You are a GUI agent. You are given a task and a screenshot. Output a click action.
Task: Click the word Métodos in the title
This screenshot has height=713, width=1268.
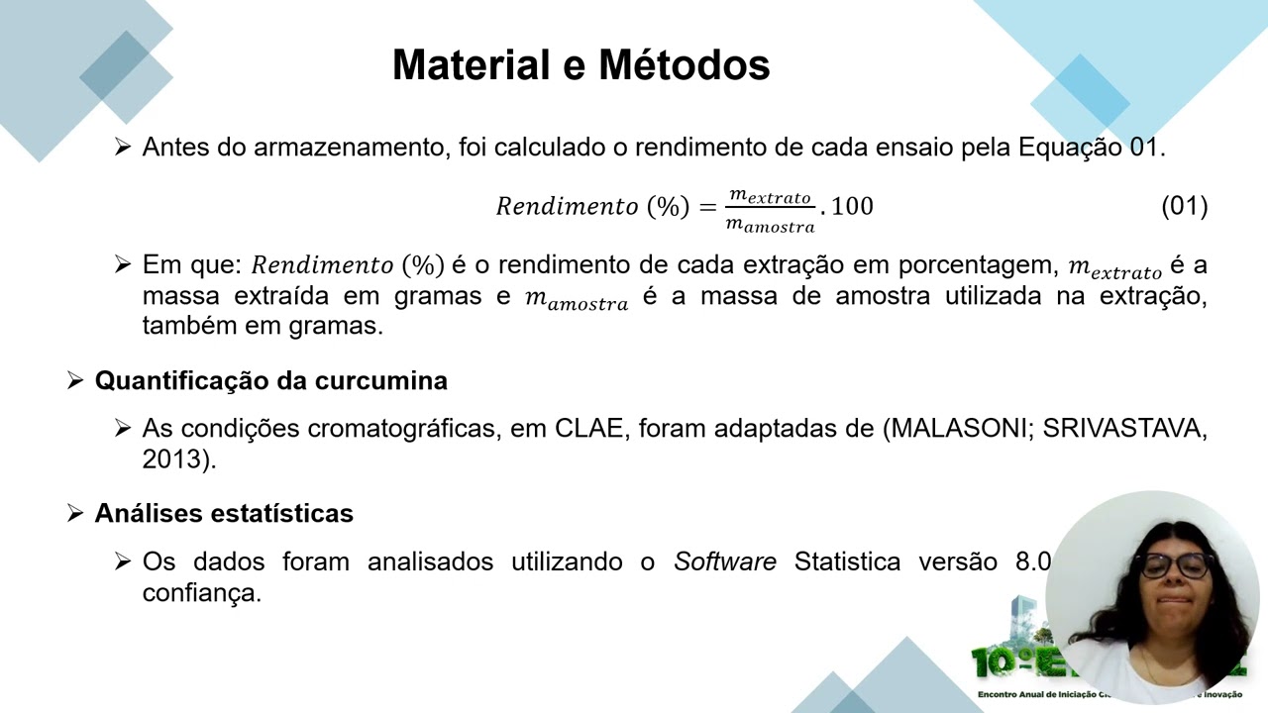685,65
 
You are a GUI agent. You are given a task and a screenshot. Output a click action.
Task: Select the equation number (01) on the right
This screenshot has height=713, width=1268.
1184,206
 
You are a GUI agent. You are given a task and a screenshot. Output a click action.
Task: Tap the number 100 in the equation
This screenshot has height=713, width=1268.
852,206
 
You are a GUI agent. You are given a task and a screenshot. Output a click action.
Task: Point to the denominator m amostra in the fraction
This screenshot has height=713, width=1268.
770,225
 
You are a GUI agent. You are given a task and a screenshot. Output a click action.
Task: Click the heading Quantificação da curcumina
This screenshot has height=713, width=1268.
270,380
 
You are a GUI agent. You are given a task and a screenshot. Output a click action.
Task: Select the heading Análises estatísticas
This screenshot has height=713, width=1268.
224,513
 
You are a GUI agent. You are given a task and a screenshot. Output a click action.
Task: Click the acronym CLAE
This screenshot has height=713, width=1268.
587,429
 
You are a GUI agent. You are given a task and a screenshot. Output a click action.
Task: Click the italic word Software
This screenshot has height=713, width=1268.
724,561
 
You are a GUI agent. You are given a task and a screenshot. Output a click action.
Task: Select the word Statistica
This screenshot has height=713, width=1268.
847,561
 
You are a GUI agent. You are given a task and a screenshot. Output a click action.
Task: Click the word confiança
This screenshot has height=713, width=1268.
201,592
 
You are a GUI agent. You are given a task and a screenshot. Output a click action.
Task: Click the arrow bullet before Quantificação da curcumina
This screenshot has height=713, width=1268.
75,380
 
